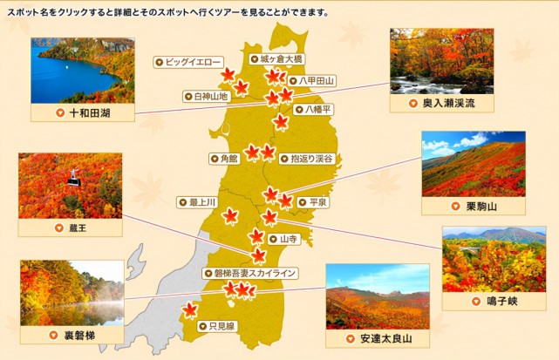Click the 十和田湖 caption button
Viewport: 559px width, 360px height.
coord(82,112)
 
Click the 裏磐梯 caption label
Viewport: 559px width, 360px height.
coord(71,335)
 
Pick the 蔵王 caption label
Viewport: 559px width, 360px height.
coord(69,228)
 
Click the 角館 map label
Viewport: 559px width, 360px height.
coord(223,159)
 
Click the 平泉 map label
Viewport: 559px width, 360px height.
coord(312,202)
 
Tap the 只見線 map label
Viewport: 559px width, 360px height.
coord(217,326)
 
